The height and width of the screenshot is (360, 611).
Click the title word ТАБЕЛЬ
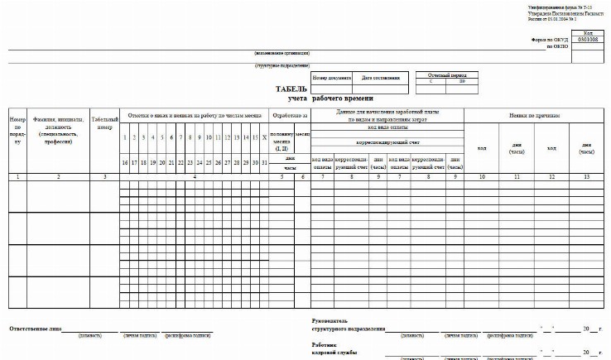tap(292, 89)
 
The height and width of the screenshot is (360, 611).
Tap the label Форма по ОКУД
tap(549, 39)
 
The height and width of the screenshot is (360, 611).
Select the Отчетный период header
tap(443, 74)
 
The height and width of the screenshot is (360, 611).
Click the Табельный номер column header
tap(104, 122)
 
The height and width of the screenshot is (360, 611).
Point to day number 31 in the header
tap(264, 162)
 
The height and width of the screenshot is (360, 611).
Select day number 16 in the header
tap(124, 162)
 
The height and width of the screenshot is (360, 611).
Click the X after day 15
tap(264, 137)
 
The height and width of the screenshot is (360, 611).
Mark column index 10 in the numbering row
tap(481, 176)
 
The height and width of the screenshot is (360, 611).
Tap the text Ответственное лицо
tap(36, 328)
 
